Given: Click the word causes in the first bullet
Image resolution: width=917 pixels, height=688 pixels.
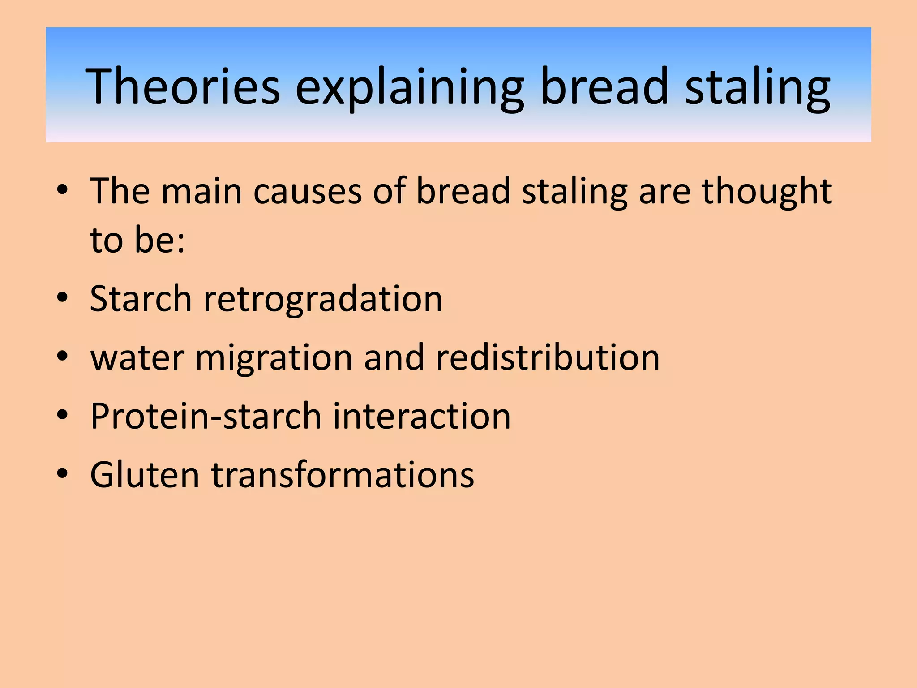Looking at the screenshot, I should tap(307, 191).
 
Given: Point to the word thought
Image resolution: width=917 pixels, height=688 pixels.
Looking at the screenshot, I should tap(766, 191).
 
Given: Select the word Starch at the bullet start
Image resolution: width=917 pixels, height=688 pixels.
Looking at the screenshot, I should tap(141, 299).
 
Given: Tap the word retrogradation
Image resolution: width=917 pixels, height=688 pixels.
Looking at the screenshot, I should tap(323, 299).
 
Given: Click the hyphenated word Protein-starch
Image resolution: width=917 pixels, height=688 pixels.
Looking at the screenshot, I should tap(206, 416).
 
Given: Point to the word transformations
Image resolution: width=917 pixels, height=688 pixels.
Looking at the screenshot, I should tap(343, 475).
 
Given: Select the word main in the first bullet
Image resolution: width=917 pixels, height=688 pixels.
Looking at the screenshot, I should tap(201, 191).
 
